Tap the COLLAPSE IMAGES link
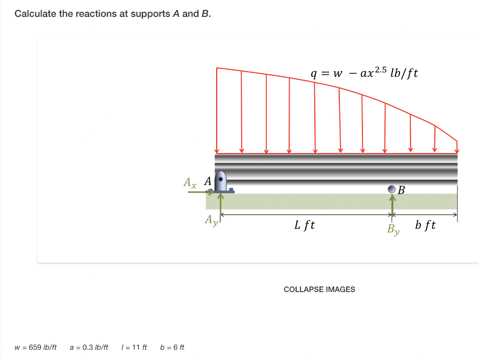click(319, 289)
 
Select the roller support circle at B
click(392, 189)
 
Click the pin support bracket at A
click(220, 182)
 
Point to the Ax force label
click(190, 183)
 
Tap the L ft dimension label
click(305, 225)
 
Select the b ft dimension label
click(425, 225)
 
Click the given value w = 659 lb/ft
click(36, 347)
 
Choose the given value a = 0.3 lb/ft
click(89, 347)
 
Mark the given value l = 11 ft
click(134, 347)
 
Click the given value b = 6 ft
click(172, 347)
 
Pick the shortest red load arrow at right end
click(457, 146)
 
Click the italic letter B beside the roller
click(401, 190)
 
